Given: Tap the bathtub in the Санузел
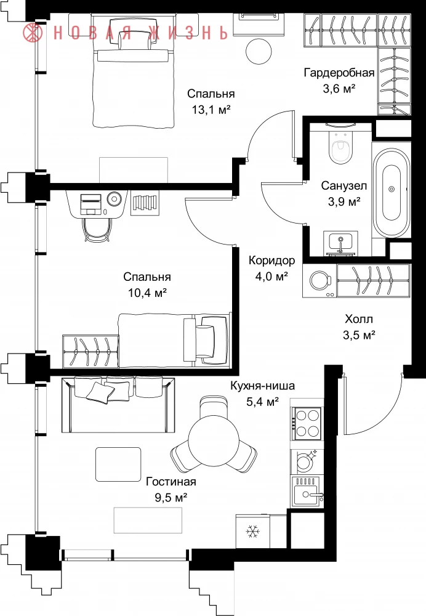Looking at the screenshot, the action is tap(392, 193).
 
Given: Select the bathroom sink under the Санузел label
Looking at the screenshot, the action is tap(340, 242).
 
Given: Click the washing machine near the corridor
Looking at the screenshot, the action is tap(319, 280).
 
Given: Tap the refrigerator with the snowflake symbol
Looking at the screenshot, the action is tap(252, 532).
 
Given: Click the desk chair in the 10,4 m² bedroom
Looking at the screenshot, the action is tap(97, 229).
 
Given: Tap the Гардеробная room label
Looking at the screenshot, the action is tap(339, 73).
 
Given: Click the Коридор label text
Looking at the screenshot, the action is tap(271, 261).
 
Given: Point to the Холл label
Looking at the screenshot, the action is tap(359, 319).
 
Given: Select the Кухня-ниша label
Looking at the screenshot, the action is tap(262, 386).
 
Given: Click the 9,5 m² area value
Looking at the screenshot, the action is tap(171, 498).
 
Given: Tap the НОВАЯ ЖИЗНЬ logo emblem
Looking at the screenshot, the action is tap(33, 32).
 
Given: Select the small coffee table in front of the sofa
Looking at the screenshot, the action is tap(118, 464).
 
